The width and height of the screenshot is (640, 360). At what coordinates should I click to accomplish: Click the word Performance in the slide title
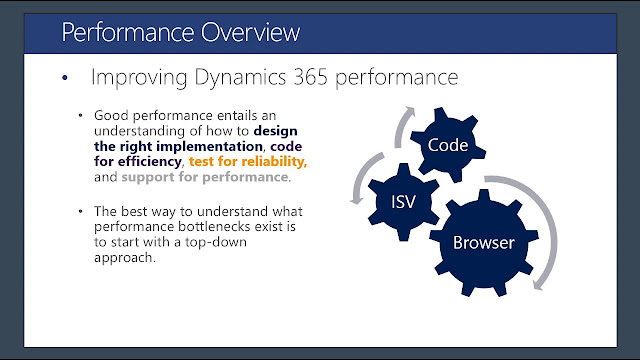coord(128,32)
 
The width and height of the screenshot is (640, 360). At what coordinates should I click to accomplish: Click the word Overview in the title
coord(250,32)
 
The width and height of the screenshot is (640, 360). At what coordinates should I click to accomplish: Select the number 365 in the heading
coord(311,77)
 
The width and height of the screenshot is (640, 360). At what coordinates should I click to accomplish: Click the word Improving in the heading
coord(139,78)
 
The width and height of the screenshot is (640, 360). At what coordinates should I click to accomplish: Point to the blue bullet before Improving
coord(65,78)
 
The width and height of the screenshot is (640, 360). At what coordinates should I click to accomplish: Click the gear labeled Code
coord(448,145)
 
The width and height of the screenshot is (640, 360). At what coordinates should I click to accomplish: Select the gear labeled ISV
coord(404,202)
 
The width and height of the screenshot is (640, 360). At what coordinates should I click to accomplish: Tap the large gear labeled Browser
coord(484,242)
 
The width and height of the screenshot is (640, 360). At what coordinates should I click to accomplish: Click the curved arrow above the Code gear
coord(400,126)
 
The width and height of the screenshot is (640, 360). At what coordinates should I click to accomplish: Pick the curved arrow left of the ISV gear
coord(362,178)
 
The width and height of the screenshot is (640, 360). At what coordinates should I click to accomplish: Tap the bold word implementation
coord(209,146)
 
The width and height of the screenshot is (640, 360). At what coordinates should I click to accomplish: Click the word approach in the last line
coord(123,258)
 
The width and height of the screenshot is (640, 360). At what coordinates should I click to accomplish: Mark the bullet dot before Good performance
coord(80,116)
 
